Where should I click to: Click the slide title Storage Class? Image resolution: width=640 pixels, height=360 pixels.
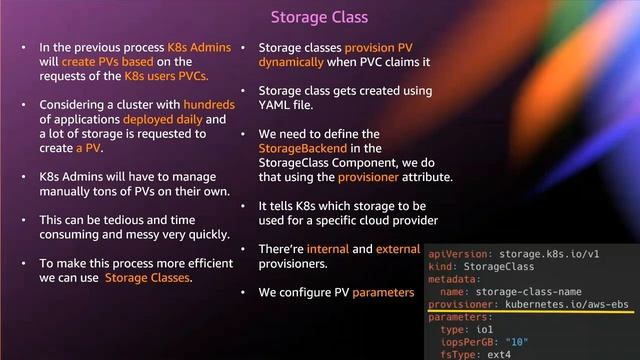319,17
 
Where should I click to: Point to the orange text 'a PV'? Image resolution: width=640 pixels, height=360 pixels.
88,148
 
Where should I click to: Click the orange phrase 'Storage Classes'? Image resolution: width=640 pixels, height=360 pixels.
149,277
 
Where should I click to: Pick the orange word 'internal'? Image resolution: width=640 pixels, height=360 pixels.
327,248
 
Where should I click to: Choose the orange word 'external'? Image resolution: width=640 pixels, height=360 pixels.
398,248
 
